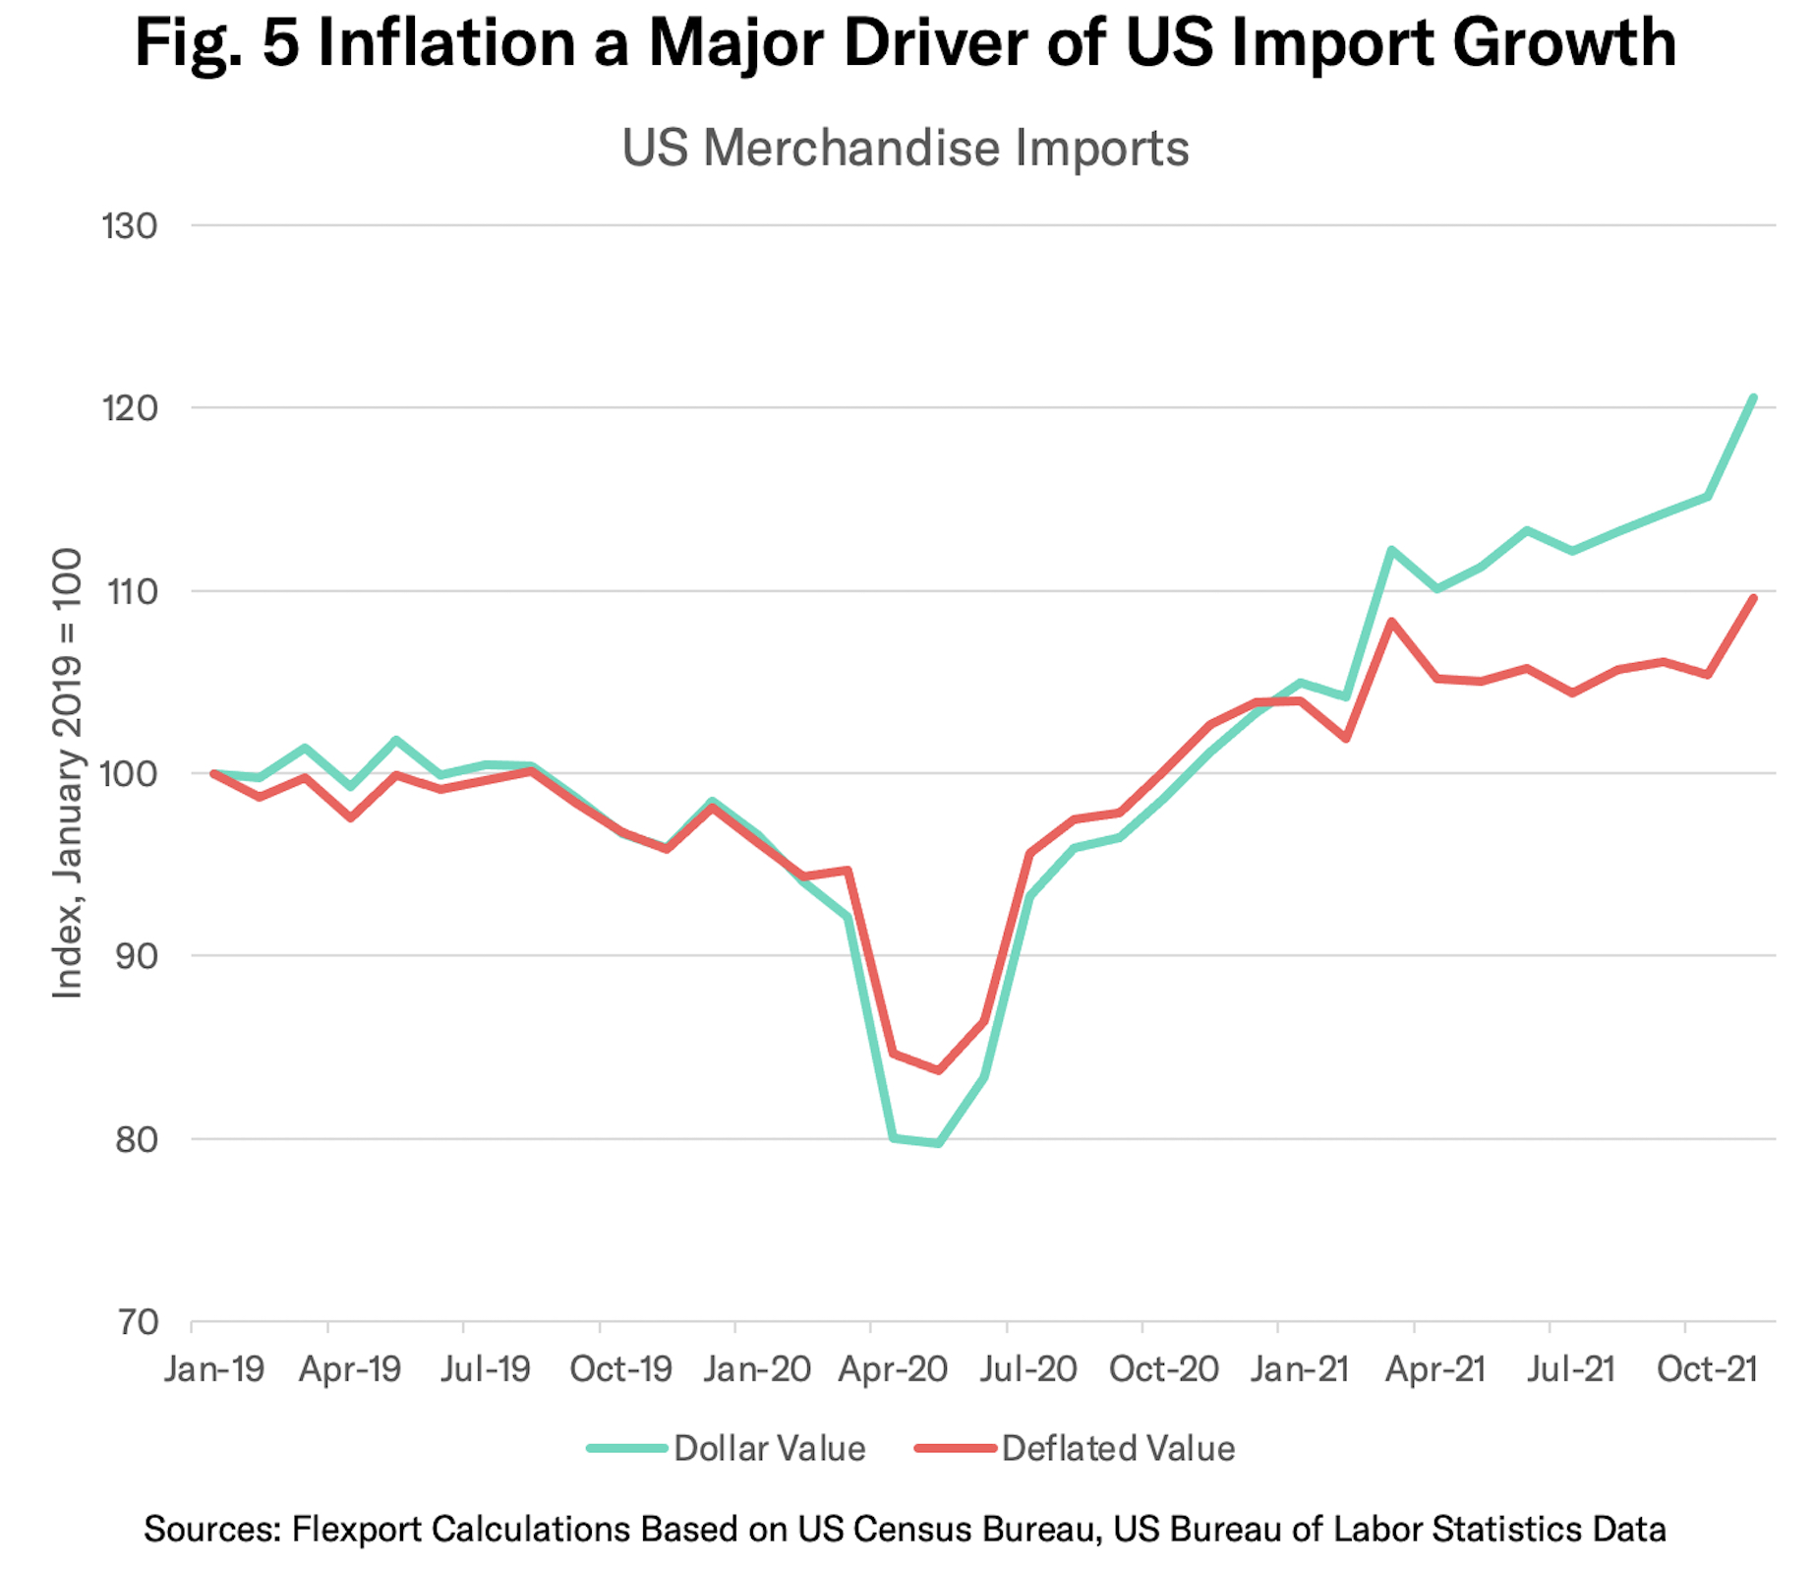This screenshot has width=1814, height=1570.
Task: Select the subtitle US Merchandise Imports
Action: click(906, 149)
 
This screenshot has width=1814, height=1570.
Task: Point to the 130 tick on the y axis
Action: click(130, 226)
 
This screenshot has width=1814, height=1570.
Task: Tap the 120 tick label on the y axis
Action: click(130, 408)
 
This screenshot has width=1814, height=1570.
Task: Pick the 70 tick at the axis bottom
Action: click(138, 1322)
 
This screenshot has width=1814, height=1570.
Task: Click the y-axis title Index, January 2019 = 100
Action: click(67, 773)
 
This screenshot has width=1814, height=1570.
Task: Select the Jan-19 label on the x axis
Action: click(214, 1369)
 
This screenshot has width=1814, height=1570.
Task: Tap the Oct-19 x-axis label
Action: click(620, 1369)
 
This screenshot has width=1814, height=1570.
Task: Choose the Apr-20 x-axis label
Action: click(893, 1369)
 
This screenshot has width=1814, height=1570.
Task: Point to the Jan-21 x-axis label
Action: click(1299, 1369)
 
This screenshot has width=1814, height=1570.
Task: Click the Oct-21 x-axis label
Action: click(1707, 1369)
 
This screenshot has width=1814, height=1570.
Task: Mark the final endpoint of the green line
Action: click(1753, 398)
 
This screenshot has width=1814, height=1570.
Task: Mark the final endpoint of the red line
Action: click(1753, 598)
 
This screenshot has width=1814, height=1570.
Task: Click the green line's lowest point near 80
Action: click(939, 1143)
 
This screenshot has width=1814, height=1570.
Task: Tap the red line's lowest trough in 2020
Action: click(939, 1070)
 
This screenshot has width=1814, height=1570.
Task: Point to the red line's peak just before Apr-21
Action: click(1391, 622)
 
